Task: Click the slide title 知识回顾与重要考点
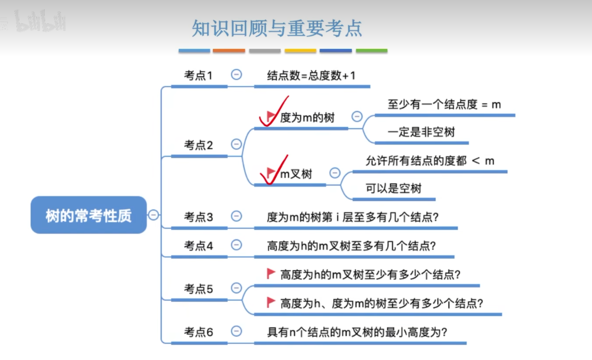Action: [277, 28]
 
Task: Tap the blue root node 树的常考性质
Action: [88, 215]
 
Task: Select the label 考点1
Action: [198, 76]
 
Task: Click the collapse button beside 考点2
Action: [236, 144]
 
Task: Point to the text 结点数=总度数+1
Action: [311, 76]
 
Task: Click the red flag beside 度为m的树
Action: [271, 116]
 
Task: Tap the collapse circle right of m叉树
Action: [335, 173]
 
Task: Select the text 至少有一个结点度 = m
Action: [444, 105]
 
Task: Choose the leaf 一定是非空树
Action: [421, 132]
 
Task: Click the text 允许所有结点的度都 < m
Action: [430, 161]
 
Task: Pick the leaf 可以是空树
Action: [393, 188]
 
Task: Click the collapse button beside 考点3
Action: [236, 216]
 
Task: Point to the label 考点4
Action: [198, 246]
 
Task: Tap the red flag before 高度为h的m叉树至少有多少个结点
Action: [271, 273]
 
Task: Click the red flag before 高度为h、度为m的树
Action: [271, 302]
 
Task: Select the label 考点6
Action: [198, 332]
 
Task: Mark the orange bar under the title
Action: [229, 51]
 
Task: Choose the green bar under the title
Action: [371, 51]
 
